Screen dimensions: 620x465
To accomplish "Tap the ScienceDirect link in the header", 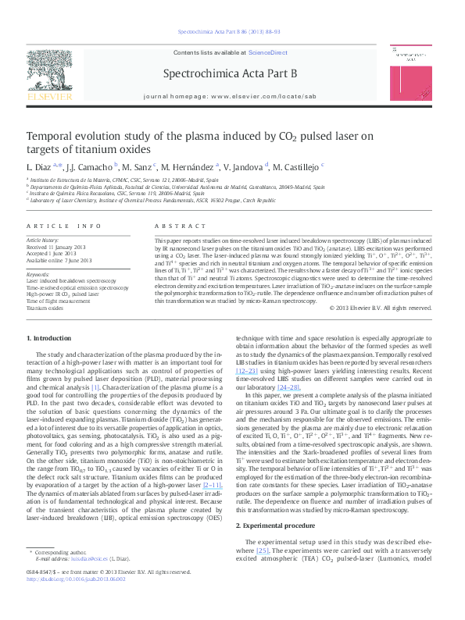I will (267, 52).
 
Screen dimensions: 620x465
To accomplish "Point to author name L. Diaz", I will (40, 167).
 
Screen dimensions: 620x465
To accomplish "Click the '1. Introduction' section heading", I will (49, 338).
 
